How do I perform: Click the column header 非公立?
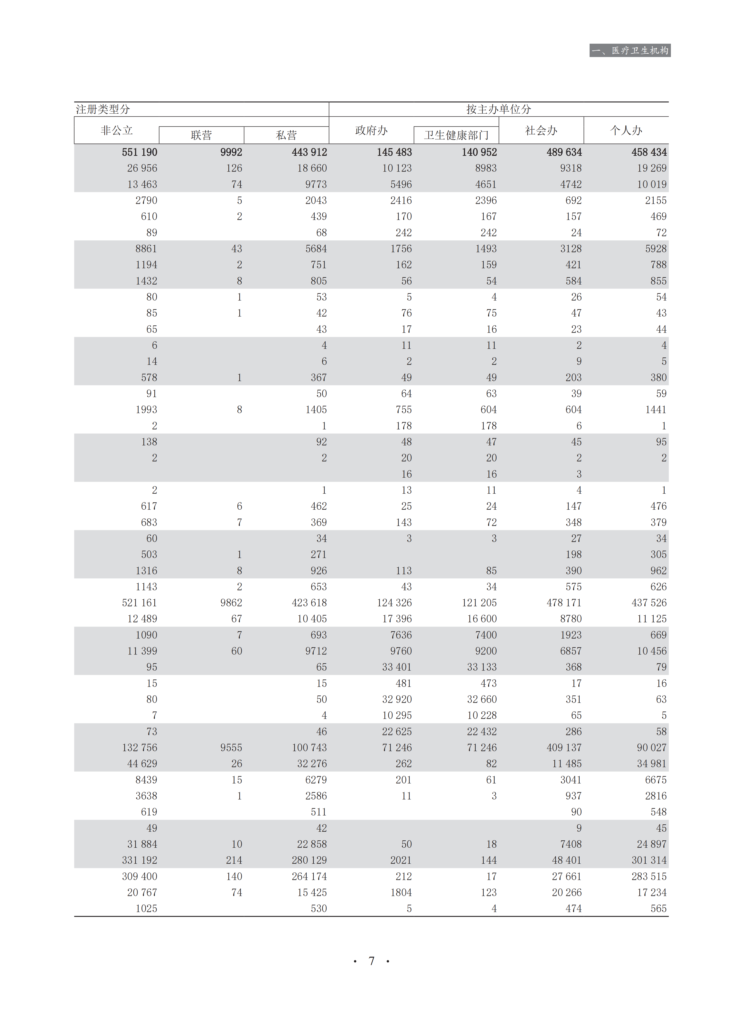pyautogui.click(x=117, y=130)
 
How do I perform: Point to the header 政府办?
pyautogui.click(x=371, y=130)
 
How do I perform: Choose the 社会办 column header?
pyautogui.click(x=541, y=130)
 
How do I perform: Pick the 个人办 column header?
pyautogui.click(x=626, y=130)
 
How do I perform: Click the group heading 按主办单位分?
pyautogui.click(x=498, y=109)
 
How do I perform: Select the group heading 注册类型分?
pyautogui.click(x=103, y=109)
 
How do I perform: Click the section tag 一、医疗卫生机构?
pyautogui.click(x=630, y=50)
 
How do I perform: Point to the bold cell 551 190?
pyautogui.click(x=139, y=152)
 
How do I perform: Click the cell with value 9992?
pyautogui.click(x=231, y=152)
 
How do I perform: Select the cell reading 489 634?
pyautogui.click(x=564, y=152)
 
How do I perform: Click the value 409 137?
pyautogui.click(x=564, y=748)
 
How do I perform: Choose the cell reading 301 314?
pyautogui.click(x=649, y=860)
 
